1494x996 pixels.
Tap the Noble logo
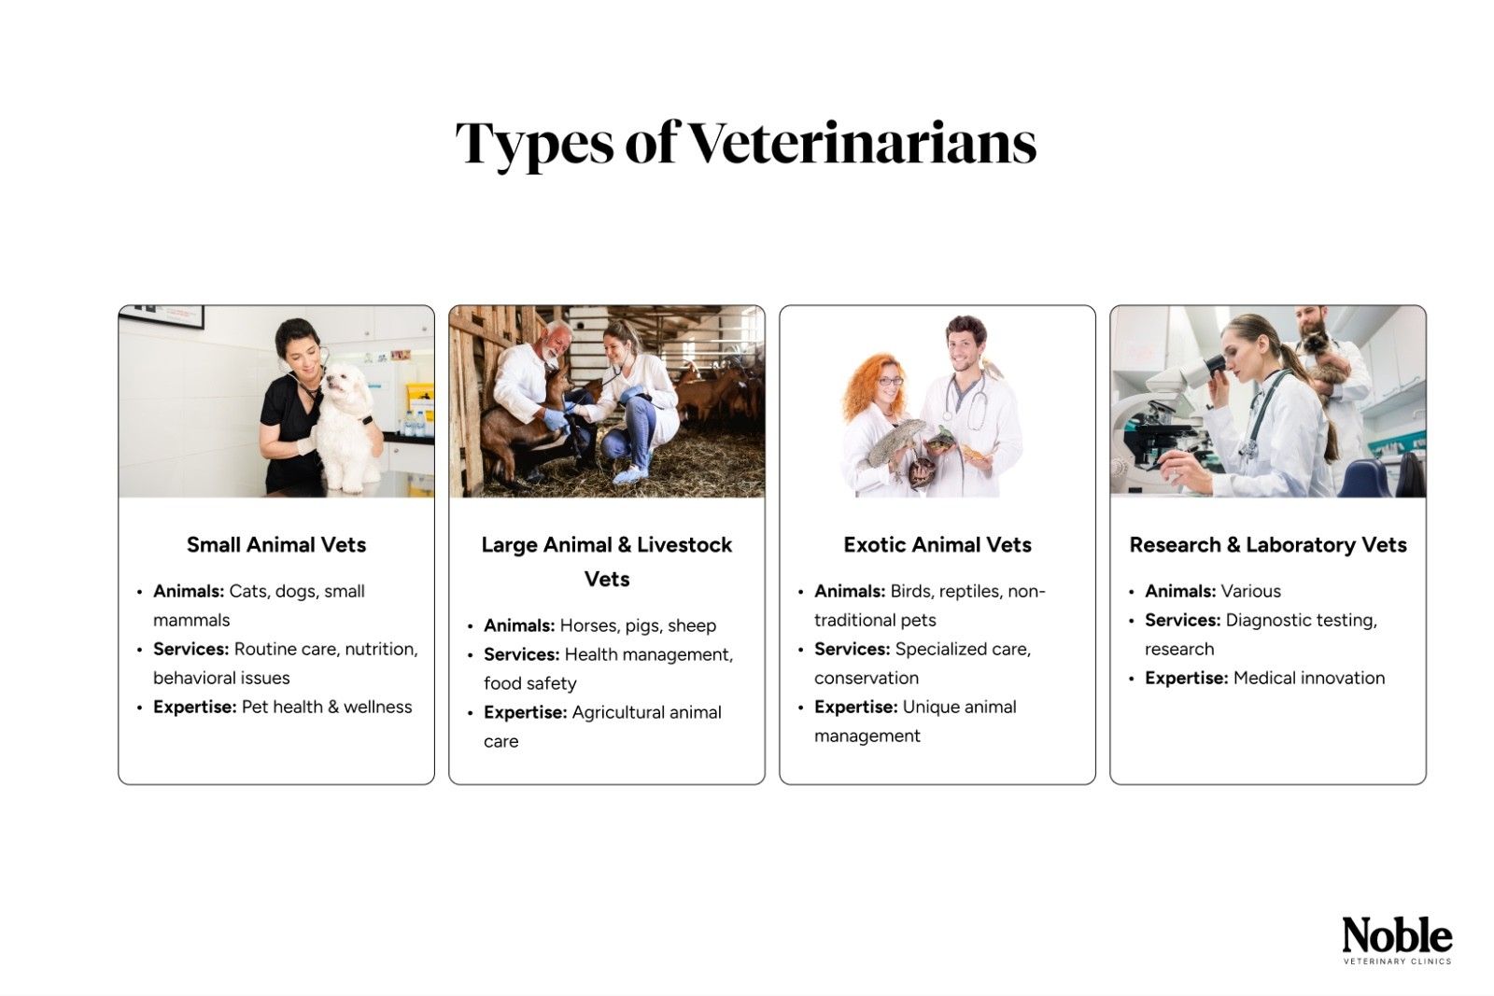coord(1397,936)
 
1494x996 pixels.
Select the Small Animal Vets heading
coord(276,545)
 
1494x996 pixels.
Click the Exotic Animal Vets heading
coord(937,545)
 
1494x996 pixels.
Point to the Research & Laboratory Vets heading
coord(1268,545)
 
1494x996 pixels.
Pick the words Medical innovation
coord(1309,679)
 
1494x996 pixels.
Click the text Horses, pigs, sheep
coord(638,626)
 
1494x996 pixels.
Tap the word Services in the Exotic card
coord(852,650)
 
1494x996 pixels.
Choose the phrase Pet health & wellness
coord(327,708)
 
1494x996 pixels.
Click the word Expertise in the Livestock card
coord(525,713)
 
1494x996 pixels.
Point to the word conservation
coord(867,679)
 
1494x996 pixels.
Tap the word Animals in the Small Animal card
coord(188,592)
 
